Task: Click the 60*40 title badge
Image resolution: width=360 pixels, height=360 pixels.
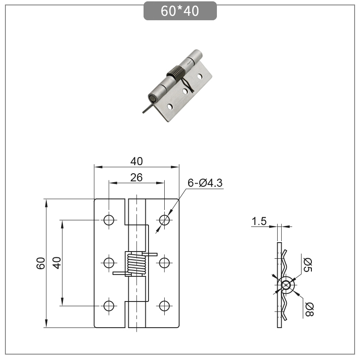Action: [180, 11]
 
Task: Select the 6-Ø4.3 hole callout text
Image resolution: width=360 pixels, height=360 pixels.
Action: [205, 183]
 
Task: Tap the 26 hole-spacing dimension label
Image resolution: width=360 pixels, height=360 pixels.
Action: [136, 177]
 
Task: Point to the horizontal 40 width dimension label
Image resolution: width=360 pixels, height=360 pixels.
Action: [137, 161]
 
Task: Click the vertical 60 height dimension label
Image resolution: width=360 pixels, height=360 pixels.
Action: [41, 263]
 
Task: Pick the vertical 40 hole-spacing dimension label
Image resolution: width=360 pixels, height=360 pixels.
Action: [57, 263]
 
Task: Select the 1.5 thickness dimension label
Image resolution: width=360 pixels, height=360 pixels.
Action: [259, 221]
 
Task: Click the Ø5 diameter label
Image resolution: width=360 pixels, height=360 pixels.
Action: [308, 265]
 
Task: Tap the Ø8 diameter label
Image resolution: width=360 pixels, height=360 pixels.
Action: [309, 310]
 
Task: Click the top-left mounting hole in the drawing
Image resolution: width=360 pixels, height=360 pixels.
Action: [109, 220]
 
